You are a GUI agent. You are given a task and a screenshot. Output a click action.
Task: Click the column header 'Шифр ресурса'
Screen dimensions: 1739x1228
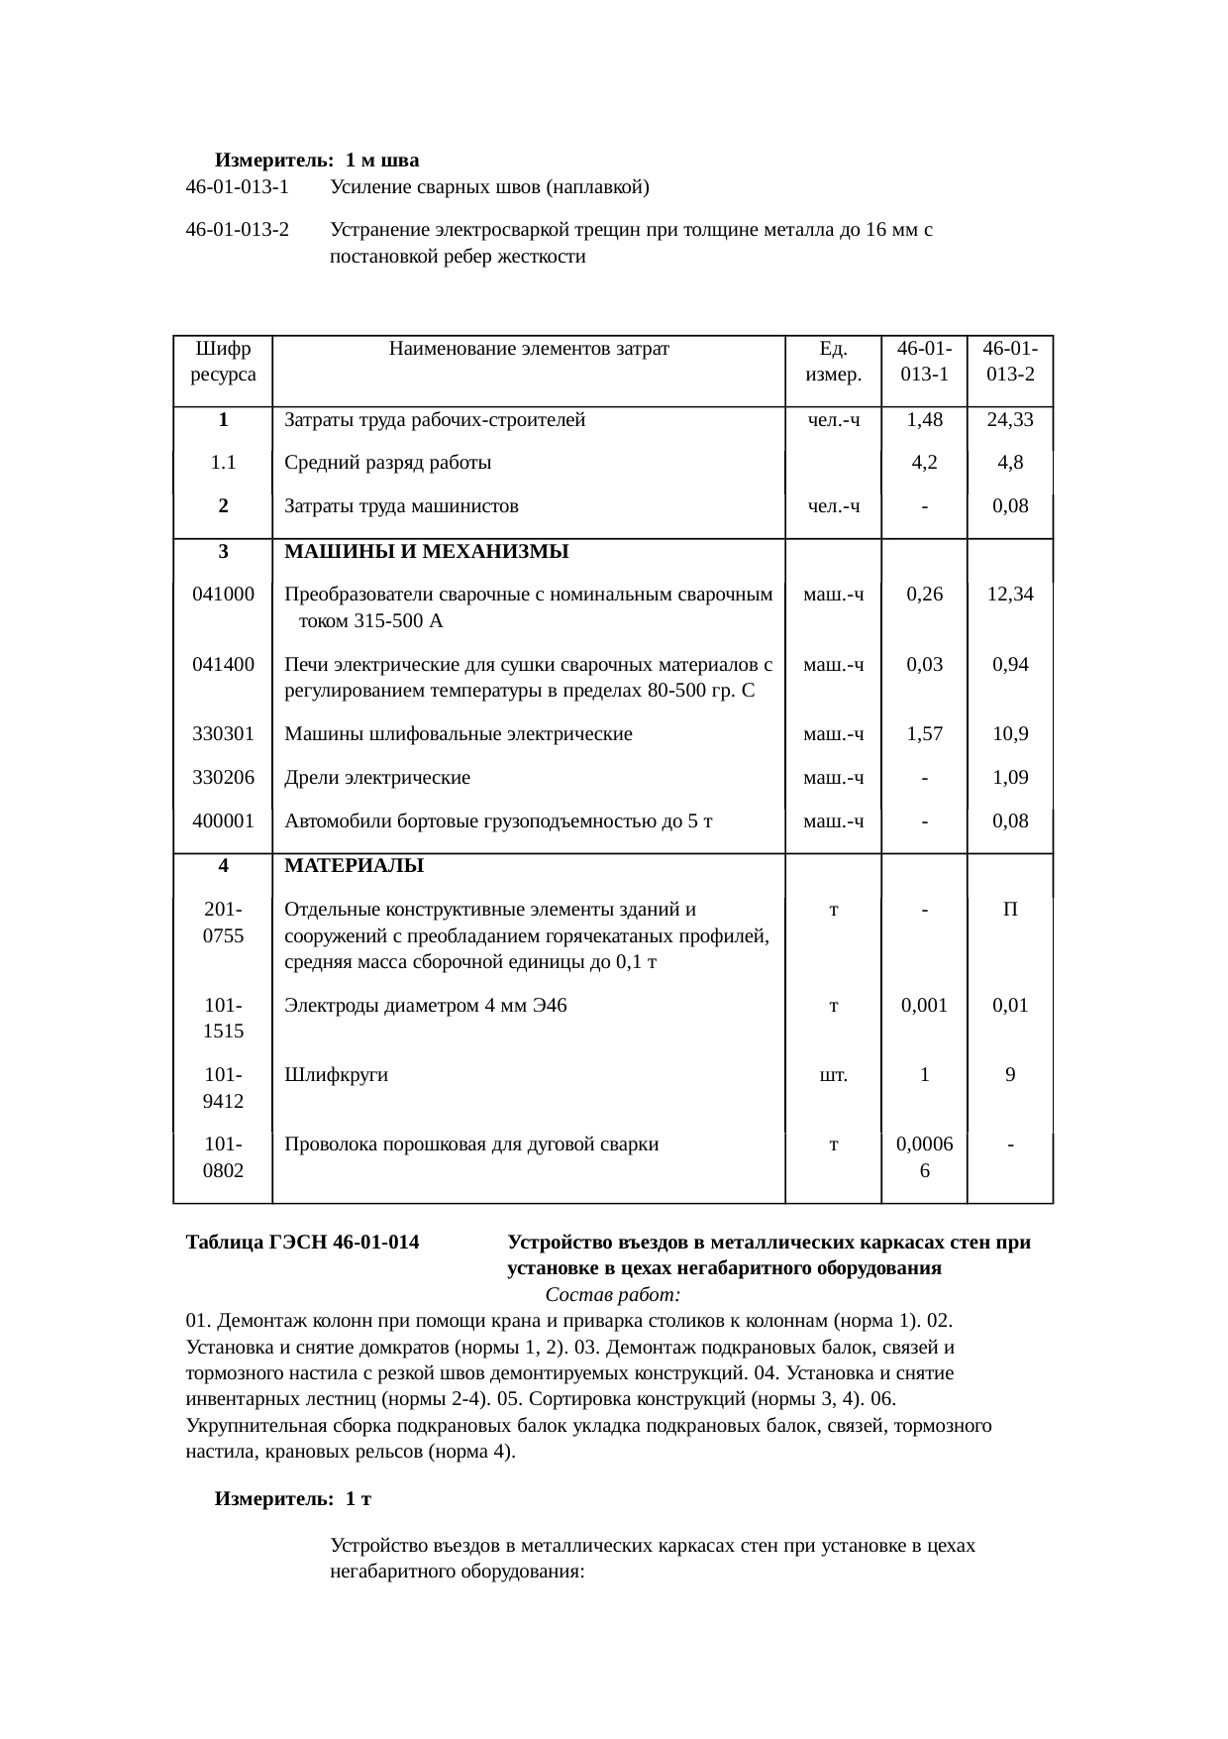point(223,362)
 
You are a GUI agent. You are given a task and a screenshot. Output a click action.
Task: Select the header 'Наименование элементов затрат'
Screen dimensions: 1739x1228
point(529,349)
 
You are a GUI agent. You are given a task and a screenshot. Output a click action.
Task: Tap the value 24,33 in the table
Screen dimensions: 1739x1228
point(1009,420)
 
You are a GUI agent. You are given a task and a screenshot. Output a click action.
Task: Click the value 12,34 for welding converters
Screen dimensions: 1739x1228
point(1009,595)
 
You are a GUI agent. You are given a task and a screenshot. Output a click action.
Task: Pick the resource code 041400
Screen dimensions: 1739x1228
point(223,665)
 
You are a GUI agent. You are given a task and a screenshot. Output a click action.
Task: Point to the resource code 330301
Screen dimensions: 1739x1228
point(223,734)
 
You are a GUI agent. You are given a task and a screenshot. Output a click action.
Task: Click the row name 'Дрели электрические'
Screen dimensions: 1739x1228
point(377,778)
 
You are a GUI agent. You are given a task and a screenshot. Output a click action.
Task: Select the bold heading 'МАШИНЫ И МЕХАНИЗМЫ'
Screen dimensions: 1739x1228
point(426,552)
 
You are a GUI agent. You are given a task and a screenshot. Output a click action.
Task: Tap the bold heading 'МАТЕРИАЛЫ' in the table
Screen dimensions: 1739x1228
point(354,866)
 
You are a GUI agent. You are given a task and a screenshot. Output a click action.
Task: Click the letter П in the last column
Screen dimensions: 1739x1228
point(1009,910)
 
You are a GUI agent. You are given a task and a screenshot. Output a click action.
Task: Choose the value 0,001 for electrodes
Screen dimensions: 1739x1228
point(923,1006)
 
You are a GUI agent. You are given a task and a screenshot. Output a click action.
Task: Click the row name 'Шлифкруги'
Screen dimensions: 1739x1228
point(336,1075)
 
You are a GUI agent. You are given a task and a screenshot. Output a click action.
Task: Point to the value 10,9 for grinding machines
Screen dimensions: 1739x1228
point(1009,734)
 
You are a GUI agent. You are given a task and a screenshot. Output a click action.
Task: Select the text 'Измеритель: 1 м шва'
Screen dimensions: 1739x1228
point(317,161)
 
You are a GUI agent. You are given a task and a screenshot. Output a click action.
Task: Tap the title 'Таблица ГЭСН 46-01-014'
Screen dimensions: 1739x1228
point(302,1243)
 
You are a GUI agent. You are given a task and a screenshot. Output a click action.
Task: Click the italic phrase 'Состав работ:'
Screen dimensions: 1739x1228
point(612,1296)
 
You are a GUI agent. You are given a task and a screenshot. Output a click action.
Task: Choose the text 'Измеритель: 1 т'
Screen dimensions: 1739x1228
point(293,1499)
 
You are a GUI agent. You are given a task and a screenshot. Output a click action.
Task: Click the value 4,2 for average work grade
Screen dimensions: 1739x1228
point(923,463)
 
